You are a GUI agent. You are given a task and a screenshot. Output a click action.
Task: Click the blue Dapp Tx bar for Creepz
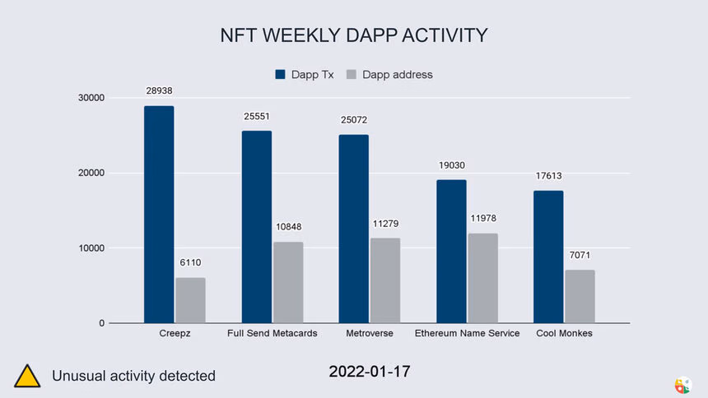click(x=159, y=214)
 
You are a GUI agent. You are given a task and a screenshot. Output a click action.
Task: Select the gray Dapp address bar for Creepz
click(x=190, y=300)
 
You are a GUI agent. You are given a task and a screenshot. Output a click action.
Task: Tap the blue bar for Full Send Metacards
click(x=257, y=226)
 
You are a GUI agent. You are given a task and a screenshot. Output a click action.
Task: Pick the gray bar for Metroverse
click(x=385, y=280)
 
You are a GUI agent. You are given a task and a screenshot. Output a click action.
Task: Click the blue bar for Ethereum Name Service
click(x=451, y=251)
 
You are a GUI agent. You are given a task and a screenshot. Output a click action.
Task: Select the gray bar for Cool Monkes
click(x=580, y=296)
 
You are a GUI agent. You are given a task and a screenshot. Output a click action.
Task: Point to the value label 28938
click(x=159, y=91)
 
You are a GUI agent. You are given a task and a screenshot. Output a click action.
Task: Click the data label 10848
click(x=288, y=227)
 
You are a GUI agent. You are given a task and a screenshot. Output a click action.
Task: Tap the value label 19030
click(x=451, y=165)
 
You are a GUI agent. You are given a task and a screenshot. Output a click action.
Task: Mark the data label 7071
click(x=580, y=256)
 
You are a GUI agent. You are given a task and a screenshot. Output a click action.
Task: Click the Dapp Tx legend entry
click(x=303, y=74)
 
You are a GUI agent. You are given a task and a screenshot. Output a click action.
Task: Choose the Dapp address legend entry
click(x=389, y=74)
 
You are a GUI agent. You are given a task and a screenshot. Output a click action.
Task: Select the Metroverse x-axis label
click(x=370, y=334)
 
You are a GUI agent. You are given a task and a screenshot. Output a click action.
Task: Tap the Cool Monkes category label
click(x=564, y=334)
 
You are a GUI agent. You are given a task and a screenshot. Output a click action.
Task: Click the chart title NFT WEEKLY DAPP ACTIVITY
click(x=354, y=35)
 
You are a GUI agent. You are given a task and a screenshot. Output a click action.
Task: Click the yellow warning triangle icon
click(x=26, y=375)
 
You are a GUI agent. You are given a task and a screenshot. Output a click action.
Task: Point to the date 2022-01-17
click(x=369, y=372)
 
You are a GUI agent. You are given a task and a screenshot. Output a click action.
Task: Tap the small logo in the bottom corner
click(x=682, y=385)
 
